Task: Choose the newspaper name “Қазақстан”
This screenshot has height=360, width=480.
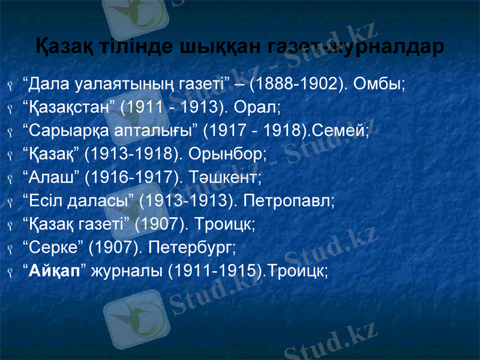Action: click(x=68, y=107)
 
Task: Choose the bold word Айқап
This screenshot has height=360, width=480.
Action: click(x=55, y=271)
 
